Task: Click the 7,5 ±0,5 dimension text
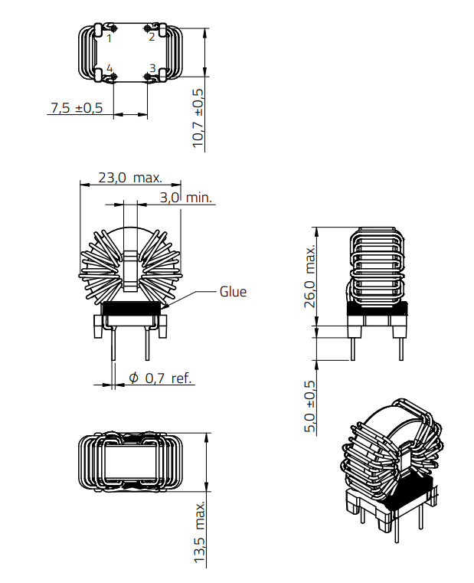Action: [x=76, y=108]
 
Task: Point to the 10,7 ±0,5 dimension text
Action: [x=198, y=118]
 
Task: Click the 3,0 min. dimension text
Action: [x=186, y=198]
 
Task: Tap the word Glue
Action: [x=233, y=292]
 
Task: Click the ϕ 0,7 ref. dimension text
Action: [x=159, y=378]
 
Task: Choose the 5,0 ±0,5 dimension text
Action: [x=310, y=407]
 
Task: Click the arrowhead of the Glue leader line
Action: [x=163, y=306]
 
